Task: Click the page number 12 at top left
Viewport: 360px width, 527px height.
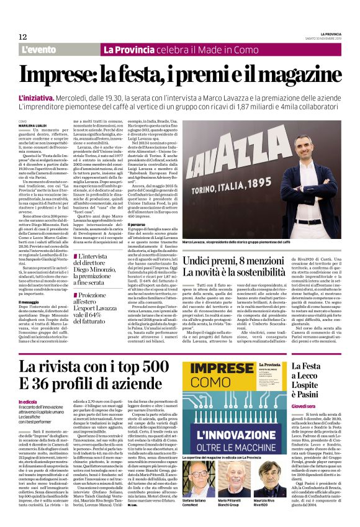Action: coord(22,37)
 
